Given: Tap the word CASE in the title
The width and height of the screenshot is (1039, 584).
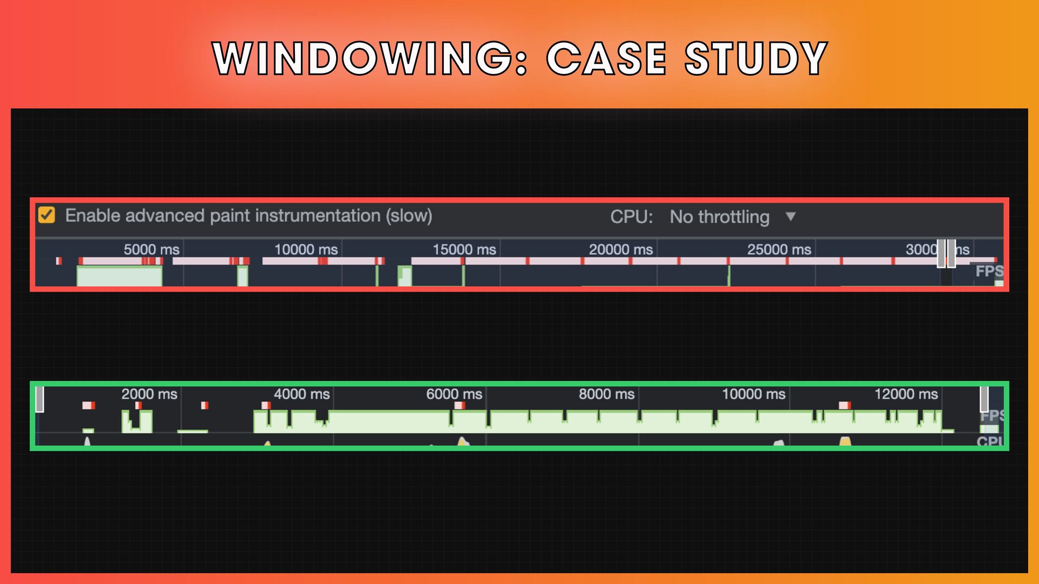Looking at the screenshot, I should [x=607, y=58].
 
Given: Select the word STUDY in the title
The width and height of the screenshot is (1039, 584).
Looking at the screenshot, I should [x=756, y=58].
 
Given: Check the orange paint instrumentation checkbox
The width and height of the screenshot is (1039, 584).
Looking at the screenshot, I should [x=47, y=215].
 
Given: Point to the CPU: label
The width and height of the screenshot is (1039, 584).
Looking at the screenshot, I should [x=631, y=217].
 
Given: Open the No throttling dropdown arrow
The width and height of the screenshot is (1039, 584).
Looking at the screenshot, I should [x=791, y=216].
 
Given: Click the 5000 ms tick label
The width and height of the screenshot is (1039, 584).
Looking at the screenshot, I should [x=151, y=249].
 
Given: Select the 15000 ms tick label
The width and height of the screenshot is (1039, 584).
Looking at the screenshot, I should [x=464, y=249].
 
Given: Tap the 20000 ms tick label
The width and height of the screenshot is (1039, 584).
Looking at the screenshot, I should [x=621, y=249].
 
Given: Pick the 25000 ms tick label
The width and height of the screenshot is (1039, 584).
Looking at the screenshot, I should [x=779, y=249].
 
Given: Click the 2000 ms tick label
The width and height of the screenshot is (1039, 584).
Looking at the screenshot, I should [x=149, y=394].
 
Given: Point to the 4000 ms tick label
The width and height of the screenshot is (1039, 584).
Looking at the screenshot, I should [x=301, y=394].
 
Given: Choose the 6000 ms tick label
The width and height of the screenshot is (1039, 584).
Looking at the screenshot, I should [x=454, y=394].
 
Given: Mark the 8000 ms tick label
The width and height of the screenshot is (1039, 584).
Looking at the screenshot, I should [x=606, y=394].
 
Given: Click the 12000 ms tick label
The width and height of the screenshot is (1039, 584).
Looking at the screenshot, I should [x=906, y=394].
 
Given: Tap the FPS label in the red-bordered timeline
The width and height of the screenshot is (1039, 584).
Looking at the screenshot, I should [x=989, y=271].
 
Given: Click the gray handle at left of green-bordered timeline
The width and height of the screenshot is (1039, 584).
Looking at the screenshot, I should [x=40, y=400].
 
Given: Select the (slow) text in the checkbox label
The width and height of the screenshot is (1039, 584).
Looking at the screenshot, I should [x=409, y=216].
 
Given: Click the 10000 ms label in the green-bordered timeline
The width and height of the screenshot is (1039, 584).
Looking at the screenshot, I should [x=753, y=394].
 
